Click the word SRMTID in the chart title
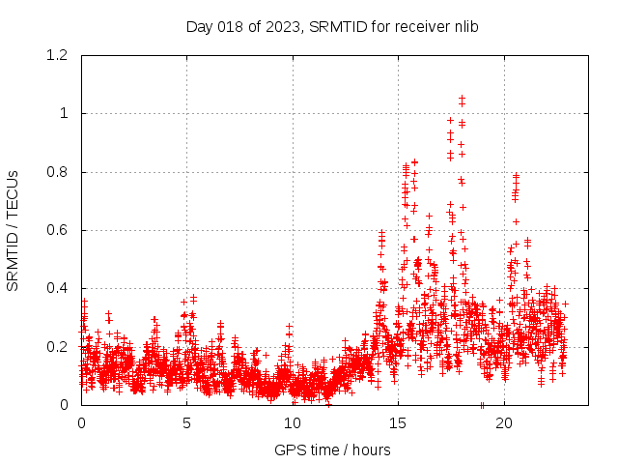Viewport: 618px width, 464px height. click(342, 26)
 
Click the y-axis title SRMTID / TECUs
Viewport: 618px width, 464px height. click(13, 230)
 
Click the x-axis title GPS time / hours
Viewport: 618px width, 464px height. click(332, 449)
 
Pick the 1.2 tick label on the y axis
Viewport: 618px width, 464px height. click(56, 56)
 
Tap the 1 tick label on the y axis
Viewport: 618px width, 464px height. click(64, 114)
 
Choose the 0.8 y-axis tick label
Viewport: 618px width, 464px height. click(56, 172)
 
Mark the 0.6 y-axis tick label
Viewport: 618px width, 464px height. click(56, 230)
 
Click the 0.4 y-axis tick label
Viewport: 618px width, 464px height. click(56, 288)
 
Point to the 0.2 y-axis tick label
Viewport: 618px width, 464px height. click(56, 346)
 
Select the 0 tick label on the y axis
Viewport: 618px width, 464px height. click(64, 405)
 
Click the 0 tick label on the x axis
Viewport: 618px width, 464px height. click(81, 423)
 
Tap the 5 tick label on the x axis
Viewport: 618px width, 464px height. click(186, 423)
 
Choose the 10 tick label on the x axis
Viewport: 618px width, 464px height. click(293, 423)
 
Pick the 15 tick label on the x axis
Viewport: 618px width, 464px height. click(398, 423)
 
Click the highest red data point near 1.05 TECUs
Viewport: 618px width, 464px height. click(462, 98)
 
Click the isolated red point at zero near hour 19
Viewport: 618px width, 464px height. click(482, 405)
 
